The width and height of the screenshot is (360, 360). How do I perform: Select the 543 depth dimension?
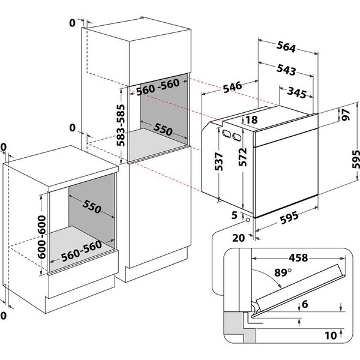click(287, 70)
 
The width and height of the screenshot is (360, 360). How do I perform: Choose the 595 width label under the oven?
click(292, 220)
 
